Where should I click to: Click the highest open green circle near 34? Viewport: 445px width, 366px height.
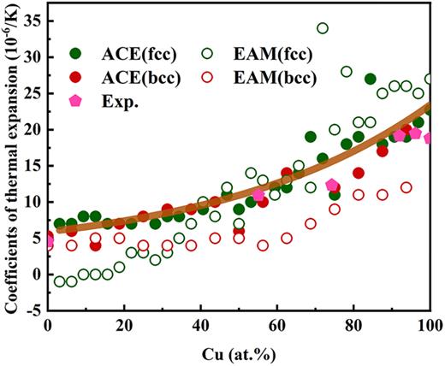click(323, 28)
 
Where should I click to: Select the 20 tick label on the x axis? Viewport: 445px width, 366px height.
click(125, 326)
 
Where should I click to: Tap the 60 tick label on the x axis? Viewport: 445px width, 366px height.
click(277, 326)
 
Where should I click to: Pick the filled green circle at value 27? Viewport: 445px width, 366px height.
click(371, 79)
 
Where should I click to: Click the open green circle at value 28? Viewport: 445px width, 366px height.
click(347, 72)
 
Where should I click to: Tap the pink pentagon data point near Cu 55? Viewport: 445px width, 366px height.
click(258, 194)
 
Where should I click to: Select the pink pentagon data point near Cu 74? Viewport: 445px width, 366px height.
click(332, 185)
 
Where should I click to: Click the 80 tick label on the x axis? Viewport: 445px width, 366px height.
click(353, 326)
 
